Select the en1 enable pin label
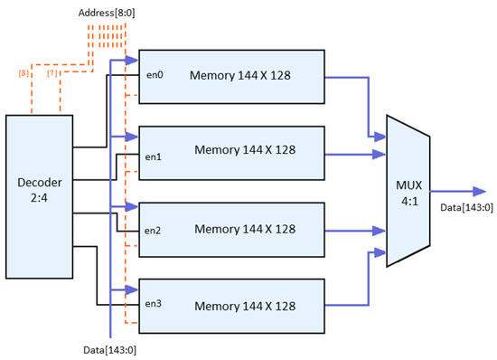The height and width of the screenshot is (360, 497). click(153, 156)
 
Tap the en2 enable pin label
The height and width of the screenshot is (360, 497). click(153, 230)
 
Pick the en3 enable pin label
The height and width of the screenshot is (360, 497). click(153, 305)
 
